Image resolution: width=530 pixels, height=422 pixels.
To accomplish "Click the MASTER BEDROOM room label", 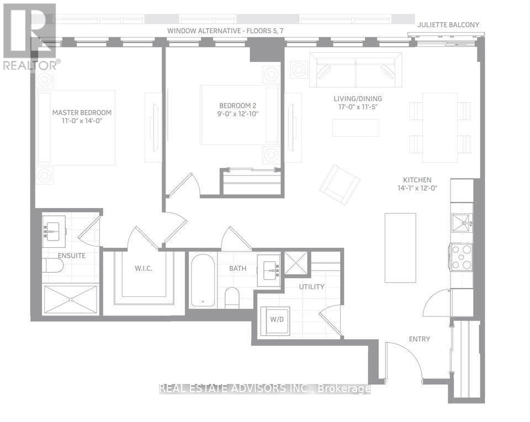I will coord(82,113).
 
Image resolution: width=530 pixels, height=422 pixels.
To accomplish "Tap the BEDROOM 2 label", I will coord(238,105).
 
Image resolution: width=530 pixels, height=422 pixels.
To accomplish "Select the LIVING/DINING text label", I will coord(357,99).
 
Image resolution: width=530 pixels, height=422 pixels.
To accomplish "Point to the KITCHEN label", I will coord(417,180).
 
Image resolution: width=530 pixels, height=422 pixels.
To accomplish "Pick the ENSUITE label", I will coord(71,255).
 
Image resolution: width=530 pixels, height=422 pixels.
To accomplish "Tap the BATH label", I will coord(239,269).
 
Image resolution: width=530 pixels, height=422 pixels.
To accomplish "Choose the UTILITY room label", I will coord(312,287).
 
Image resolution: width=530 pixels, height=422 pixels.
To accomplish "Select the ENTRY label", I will coord(419,339).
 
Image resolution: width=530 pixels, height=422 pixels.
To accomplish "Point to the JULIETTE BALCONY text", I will coord(448,25).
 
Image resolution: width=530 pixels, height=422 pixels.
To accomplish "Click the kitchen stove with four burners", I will coord(462,257).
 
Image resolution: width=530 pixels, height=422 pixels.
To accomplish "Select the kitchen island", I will coord(400,248).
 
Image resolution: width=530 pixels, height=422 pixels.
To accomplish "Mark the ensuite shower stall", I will coord(71,299).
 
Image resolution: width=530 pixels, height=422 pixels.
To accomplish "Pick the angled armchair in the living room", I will coord(340,184).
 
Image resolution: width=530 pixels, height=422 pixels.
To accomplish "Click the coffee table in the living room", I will coord(356,128).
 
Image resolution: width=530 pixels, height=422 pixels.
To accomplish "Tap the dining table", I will coord(440,127).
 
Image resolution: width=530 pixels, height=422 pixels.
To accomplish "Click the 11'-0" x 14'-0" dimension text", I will coord(82,122).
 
